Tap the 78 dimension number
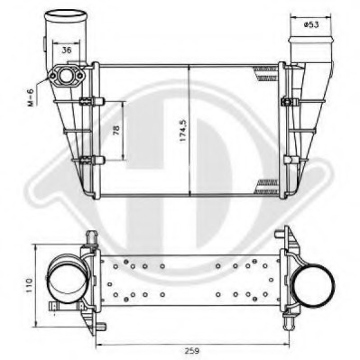tap(115, 132)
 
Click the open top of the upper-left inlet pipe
tap(64, 14)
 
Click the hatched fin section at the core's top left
tap(109, 72)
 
